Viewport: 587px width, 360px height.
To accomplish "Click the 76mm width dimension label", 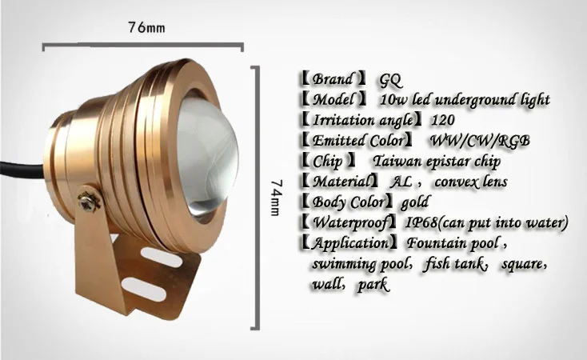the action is [x=146, y=28].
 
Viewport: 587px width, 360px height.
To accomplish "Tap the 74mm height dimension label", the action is [x=276, y=198].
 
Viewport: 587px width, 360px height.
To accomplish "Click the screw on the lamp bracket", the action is [x=89, y=202].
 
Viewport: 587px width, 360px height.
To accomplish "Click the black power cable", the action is [x=22, y=169].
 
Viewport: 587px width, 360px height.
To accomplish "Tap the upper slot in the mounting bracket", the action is [x=162, y=258].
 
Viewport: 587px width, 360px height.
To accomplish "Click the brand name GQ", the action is [x=390, y=80].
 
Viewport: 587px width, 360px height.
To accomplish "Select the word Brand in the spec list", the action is [x=333, y=79].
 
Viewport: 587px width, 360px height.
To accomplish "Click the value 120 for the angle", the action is [x=443, y=120].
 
